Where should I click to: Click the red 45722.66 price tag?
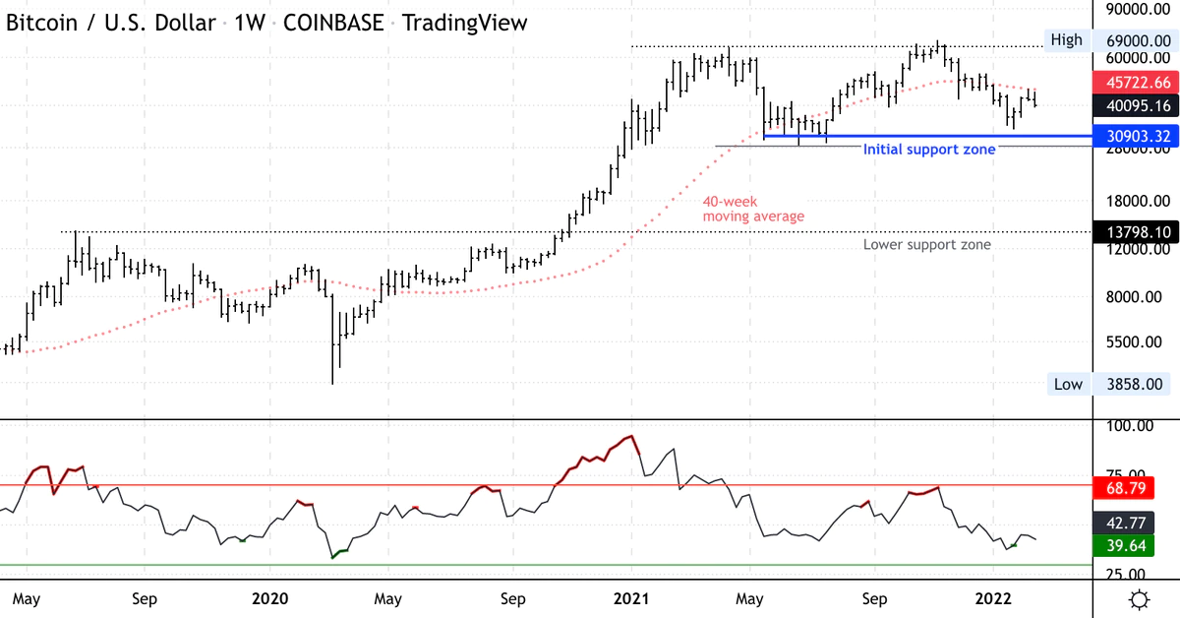click(x=1137, y=83)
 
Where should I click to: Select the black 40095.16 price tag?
click(x=1137, y=105)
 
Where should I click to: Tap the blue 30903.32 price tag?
click(x=1137, y=135)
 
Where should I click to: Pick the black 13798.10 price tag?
click(x=1137, y=231)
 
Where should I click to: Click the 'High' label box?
click(x=1066, y=40)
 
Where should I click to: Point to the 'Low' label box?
click(x=1067, y=384)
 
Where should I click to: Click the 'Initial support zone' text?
click(x=929, y=150)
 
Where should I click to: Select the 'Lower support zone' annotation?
click(x=927, y=245)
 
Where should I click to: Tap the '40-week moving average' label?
click(x=753, y=209)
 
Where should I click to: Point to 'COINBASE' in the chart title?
click(x=334, y=23)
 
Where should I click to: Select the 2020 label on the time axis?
click(x=269, y=598)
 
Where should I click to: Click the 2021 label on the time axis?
click(x=630, y=598)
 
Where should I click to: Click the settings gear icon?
click(x=1140, y=599)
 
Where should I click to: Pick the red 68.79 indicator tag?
click(x=1137, y=488)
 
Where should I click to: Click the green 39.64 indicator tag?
click(x=1137, y=545)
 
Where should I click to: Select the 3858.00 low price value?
click(x=1136, y=384)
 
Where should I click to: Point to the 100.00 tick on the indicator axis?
click(x=1131, y=426)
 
